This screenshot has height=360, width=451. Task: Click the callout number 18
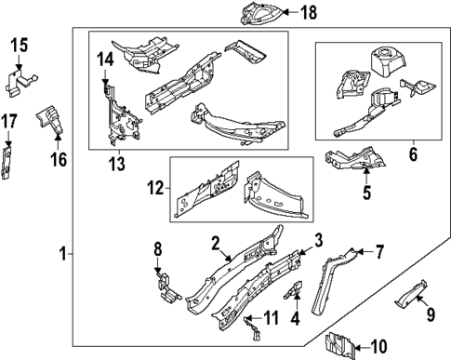pyautogui.click(x=309, y=12)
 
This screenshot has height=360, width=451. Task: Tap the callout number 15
pyautogui.click(x=20, y=46)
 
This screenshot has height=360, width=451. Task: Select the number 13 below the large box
pyautogui.click(x=117, y=164)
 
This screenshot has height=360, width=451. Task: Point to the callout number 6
pyautogui.click(x=413, y=154)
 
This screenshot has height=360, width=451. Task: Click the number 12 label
pyautogui.click(x=155, y=188)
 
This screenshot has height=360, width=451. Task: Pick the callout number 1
pyautogui.click(x=63, y=254)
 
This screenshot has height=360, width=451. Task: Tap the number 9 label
pyautogui.click(x=431, y=314)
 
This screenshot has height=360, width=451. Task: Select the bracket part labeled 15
pyautogui.click(x=20, y=83)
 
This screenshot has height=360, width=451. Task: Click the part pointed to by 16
pyautogui.click(x=49, y=118)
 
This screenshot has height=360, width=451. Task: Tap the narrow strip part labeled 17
pyautogui.click(x=7, y=163)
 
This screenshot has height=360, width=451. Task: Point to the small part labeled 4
pyautogui.click(x=294, y=289)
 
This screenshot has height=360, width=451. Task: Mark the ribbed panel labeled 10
pyautogui.click(x=339, y=345)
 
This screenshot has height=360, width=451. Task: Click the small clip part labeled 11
pyautogui.click(x=253, y=328)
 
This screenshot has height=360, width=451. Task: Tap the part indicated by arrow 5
pyautogui.click(x=355, y=159)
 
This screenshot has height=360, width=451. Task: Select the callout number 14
pyautogui.click(x=105, y=60)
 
